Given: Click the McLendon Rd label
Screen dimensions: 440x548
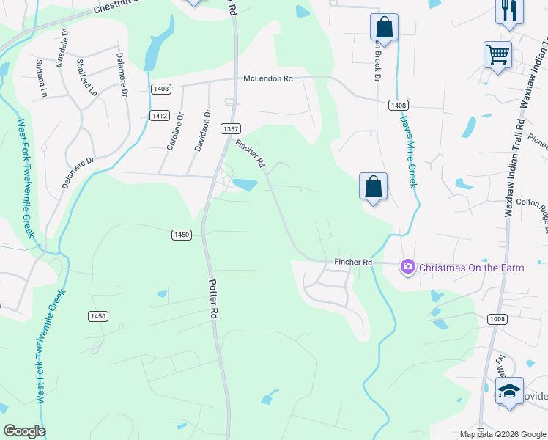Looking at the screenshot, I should (x=268, y=78).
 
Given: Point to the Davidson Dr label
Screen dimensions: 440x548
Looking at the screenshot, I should (x=201, y=131).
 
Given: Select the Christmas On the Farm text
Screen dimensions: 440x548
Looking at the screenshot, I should (x=471, y=268).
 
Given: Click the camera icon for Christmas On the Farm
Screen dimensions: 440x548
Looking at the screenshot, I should (x=408, y=268).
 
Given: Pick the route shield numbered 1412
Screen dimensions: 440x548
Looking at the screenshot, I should (x=160, y=115).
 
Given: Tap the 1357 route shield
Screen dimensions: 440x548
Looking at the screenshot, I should (x=230, y=128).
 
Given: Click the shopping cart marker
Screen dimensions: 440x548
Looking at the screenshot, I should (x=497, y=55).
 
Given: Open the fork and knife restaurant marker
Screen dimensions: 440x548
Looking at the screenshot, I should (x=509, y=11).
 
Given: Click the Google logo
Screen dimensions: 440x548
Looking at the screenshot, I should (x=24, y=431).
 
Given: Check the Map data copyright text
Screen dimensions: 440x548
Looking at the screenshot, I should (x=503, y=434).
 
